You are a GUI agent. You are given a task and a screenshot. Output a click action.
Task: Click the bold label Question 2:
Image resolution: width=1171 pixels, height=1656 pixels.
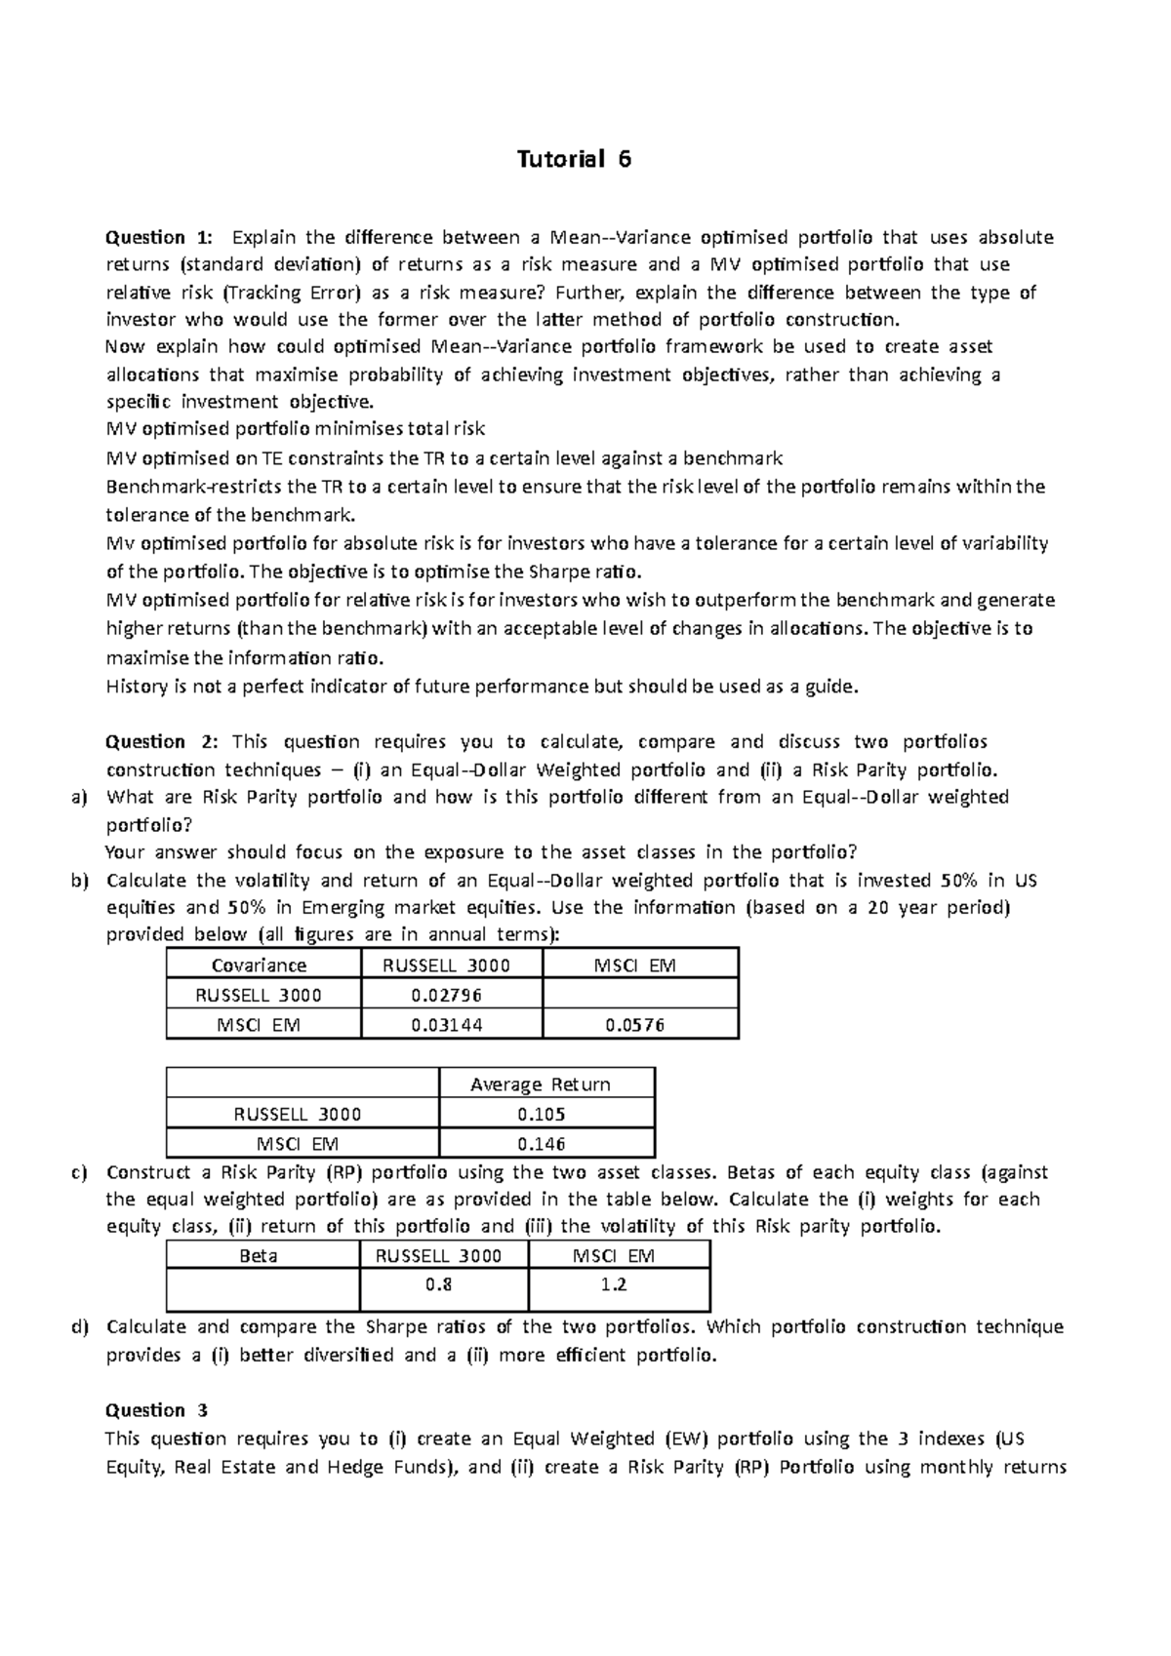pos(164,741)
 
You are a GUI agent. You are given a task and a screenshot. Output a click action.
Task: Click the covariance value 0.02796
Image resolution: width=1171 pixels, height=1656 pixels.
pos(447,995)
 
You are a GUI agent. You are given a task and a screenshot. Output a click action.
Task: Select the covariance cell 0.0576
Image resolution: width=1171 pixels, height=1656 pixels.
pos(634,1025)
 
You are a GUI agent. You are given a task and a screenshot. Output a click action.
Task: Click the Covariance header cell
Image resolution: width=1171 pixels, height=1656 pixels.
pos(259,966)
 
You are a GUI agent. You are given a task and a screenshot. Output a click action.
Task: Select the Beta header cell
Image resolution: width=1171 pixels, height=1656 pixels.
pos(259,1256)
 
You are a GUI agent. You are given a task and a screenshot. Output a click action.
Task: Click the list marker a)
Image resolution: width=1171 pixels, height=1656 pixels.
pos(79,797)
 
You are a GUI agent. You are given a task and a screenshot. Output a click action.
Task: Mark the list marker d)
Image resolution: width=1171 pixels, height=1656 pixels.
pos(79,1326)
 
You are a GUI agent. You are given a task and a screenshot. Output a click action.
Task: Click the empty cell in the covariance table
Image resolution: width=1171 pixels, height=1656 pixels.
pos(639,995)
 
